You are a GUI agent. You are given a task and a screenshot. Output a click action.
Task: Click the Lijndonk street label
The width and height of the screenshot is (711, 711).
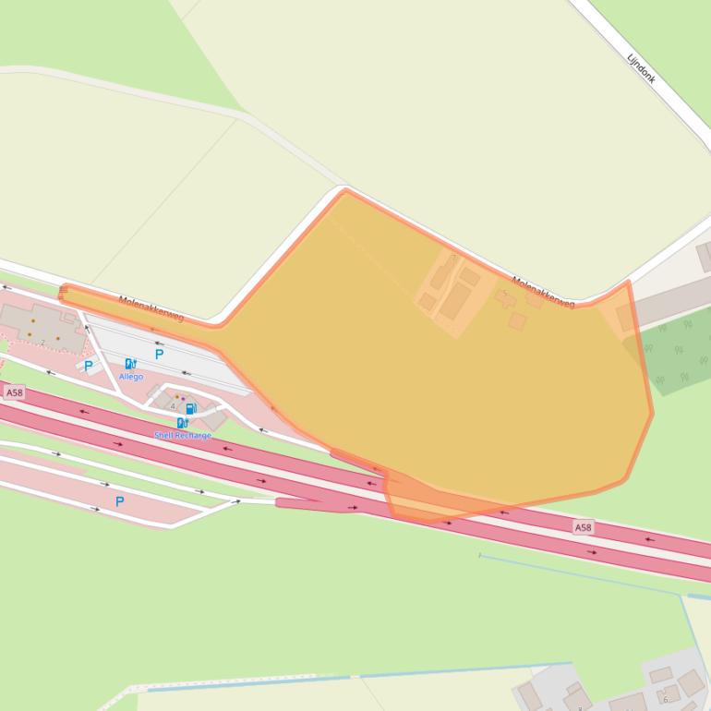641,68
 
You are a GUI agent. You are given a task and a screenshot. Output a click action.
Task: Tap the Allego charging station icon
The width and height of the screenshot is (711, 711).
130,364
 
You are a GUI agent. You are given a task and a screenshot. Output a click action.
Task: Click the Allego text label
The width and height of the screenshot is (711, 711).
130,377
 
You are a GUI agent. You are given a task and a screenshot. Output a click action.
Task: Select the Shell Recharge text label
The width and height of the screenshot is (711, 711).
183,435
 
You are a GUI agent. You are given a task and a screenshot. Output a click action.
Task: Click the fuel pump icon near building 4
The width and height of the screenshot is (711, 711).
190,408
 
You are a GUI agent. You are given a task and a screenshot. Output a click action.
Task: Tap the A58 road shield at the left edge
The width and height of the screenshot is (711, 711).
14,392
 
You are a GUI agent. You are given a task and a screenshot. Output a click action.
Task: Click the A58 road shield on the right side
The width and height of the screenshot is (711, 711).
583,527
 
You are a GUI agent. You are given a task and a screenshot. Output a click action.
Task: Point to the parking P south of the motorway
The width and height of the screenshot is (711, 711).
119,501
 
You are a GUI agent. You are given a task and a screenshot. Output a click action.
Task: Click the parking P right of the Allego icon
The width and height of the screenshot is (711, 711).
159,354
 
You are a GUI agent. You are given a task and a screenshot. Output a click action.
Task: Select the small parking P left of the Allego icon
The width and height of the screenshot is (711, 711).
88,366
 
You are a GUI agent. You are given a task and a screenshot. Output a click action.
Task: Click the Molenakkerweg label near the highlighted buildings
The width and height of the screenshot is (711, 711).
543,292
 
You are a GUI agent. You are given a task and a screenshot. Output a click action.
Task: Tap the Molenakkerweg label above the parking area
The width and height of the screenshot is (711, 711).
151,308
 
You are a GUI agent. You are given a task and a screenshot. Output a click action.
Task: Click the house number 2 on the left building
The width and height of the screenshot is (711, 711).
42,343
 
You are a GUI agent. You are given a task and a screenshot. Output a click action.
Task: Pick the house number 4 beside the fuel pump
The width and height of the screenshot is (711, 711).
173,406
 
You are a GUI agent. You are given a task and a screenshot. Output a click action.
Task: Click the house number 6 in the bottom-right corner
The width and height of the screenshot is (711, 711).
665,699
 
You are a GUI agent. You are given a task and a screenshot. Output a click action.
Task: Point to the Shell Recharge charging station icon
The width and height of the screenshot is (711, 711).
182,423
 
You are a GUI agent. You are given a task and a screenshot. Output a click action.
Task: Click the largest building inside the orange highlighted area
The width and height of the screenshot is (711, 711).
455,301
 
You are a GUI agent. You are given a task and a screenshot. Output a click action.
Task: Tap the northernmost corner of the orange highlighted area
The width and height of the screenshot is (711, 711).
346,191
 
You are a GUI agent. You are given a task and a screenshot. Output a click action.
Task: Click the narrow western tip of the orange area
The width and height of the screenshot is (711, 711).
63,294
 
